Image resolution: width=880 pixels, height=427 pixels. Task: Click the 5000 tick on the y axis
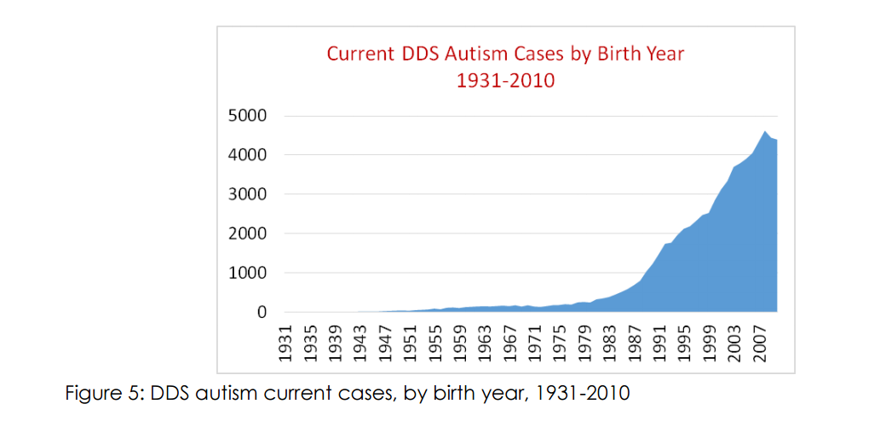[245, 116]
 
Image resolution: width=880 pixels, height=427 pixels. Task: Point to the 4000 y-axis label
[245, 155]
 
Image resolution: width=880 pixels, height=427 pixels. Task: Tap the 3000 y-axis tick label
[245, 194]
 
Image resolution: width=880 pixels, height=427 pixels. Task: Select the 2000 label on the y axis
[245, 234]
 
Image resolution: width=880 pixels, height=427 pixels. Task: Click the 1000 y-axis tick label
[245, 274]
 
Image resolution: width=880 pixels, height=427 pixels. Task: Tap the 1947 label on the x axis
[385, 343]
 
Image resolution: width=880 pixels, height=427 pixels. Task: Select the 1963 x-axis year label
[485, 343]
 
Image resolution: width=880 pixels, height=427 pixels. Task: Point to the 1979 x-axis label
[584, 343]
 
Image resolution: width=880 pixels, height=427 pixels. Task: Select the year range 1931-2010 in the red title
[505, 81]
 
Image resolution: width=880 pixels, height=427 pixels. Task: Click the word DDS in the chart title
[417, 54]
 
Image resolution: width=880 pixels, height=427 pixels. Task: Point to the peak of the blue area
[765, 131]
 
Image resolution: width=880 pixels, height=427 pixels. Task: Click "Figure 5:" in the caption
[101, 394]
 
